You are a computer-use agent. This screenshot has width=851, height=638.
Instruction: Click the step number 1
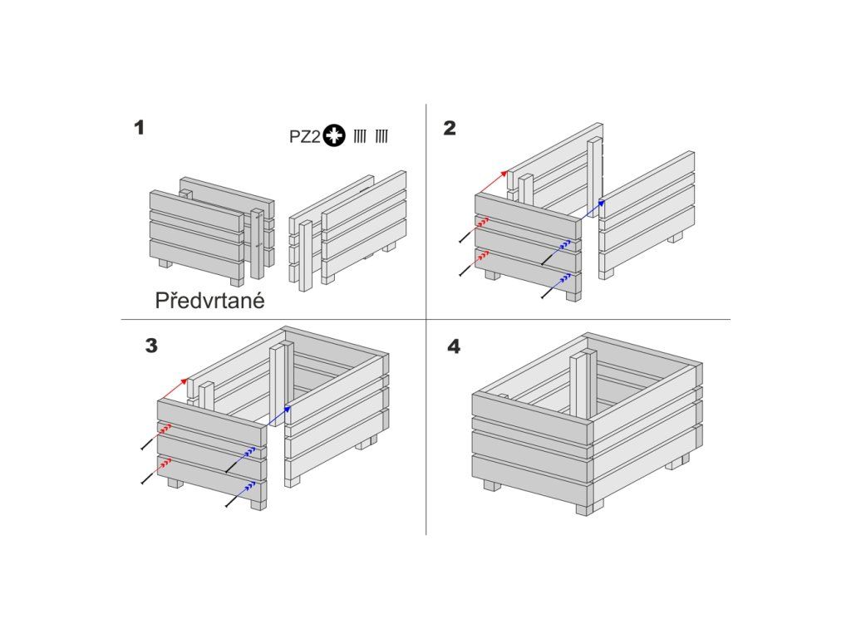[140, 128]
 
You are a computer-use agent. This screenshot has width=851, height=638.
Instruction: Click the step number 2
[450, 128]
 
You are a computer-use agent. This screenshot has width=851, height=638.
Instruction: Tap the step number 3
[151, 346]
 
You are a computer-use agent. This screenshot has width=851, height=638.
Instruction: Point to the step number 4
[454, 346]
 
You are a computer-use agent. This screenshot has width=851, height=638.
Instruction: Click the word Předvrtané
[210, 301]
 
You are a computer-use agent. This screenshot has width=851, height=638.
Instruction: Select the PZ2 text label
[304, 137]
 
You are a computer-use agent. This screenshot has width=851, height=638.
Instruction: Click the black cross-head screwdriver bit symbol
[334, 135]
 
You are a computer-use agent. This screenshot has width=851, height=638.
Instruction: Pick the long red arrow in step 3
[174, 389]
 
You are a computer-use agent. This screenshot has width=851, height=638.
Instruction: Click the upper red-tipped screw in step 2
[474, 230]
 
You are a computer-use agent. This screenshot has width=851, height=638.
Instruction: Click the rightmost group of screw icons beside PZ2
[381, 136]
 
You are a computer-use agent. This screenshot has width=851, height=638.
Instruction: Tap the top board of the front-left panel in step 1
[196, 209]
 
